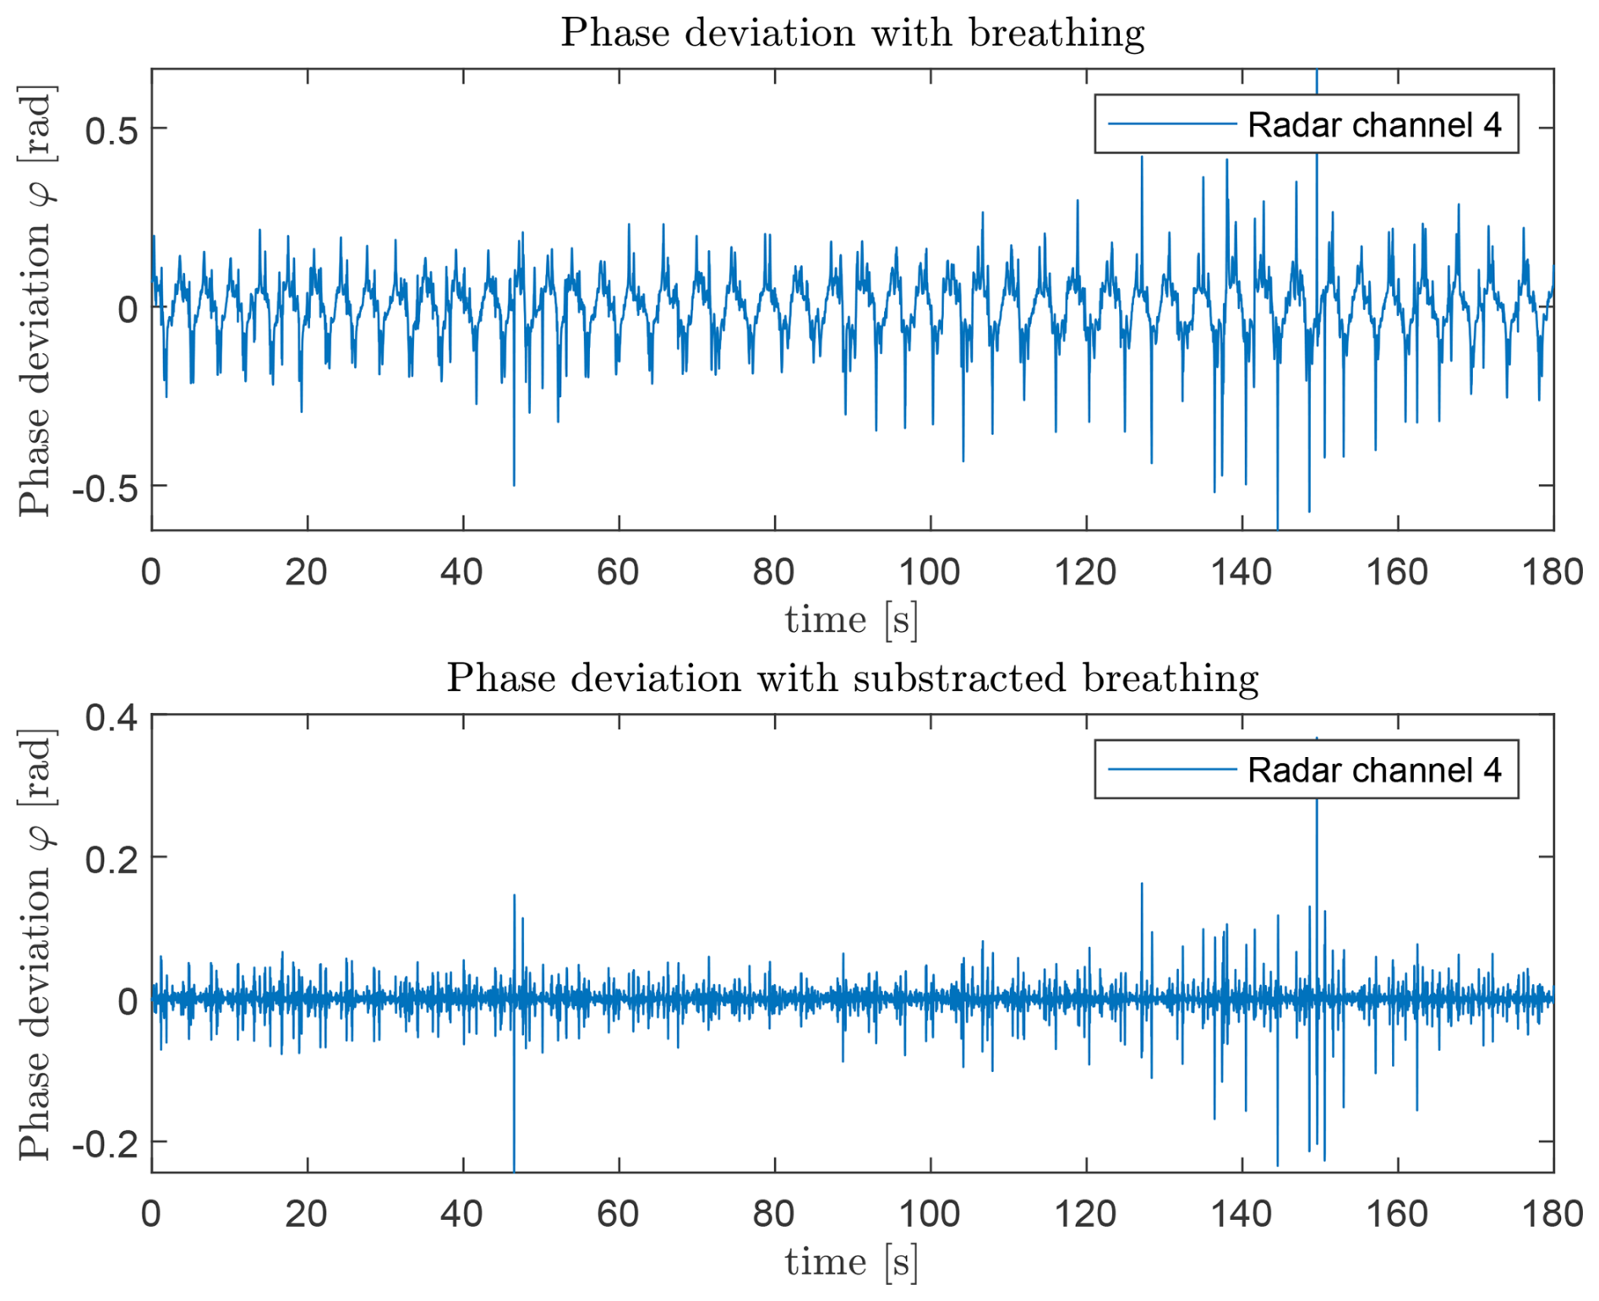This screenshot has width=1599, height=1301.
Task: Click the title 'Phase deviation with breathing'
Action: coord(852,34)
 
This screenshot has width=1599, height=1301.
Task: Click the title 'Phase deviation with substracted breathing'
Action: coord(852,678)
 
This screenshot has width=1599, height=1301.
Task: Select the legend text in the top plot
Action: coord(1374,125)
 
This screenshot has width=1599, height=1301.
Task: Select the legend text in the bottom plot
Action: coord(1374,770)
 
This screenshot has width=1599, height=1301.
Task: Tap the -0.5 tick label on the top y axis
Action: coord(105,487)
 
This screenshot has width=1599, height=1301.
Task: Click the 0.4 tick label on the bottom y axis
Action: coord(112,717)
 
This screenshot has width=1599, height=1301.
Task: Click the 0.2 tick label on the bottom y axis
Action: coord(112,859)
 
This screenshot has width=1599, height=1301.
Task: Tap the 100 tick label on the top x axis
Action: coord(930,573)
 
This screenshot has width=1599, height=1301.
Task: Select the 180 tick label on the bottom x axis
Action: coord(1553,1214)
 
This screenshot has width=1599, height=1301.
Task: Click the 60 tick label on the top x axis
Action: coord(618,573)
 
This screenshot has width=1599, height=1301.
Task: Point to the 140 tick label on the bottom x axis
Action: coord(1241,1214)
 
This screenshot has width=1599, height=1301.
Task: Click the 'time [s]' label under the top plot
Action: coord(851,621)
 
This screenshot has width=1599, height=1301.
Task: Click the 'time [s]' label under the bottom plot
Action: coord(851,1263)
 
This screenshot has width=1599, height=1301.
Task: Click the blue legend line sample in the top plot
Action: coord(1171,125)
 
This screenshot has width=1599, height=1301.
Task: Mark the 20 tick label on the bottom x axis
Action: coord(306,1214)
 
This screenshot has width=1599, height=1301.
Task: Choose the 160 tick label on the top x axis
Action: coord(1397,573)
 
